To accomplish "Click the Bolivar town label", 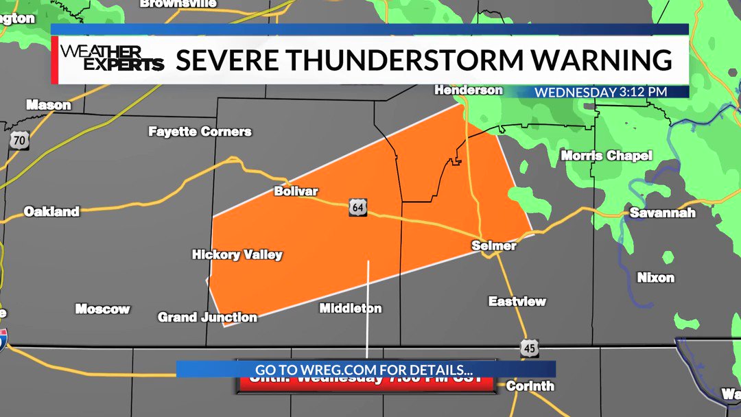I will click(x=296, y=191).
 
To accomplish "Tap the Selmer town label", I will click(x=494, y=246).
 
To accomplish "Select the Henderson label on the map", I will click(x=469, y=90).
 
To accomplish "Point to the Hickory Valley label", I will click(x=237, y=254).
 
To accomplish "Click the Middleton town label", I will click(x=351, y=309).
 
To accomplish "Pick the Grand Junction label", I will click(x=207, y=317).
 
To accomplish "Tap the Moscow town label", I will click(x=102, y=309).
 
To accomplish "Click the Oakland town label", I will click(x=51, y=211).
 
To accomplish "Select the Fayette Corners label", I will click(x=200, y=131).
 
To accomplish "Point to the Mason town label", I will click(x=48, y=105).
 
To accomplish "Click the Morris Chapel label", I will click(x=607, y=156).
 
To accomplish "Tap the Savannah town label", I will click(x=662, y=213).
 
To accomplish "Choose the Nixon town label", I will click(x=655, y=278).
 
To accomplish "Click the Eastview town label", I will click(x=517, y=301).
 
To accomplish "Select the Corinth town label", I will click(x=530, y=386).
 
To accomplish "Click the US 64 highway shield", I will click(x=357, y=207).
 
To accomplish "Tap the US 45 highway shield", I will click(x=528, y=348).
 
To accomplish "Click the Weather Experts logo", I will click(x=112, y=59).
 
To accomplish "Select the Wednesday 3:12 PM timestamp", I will click(x=601, y=92).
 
